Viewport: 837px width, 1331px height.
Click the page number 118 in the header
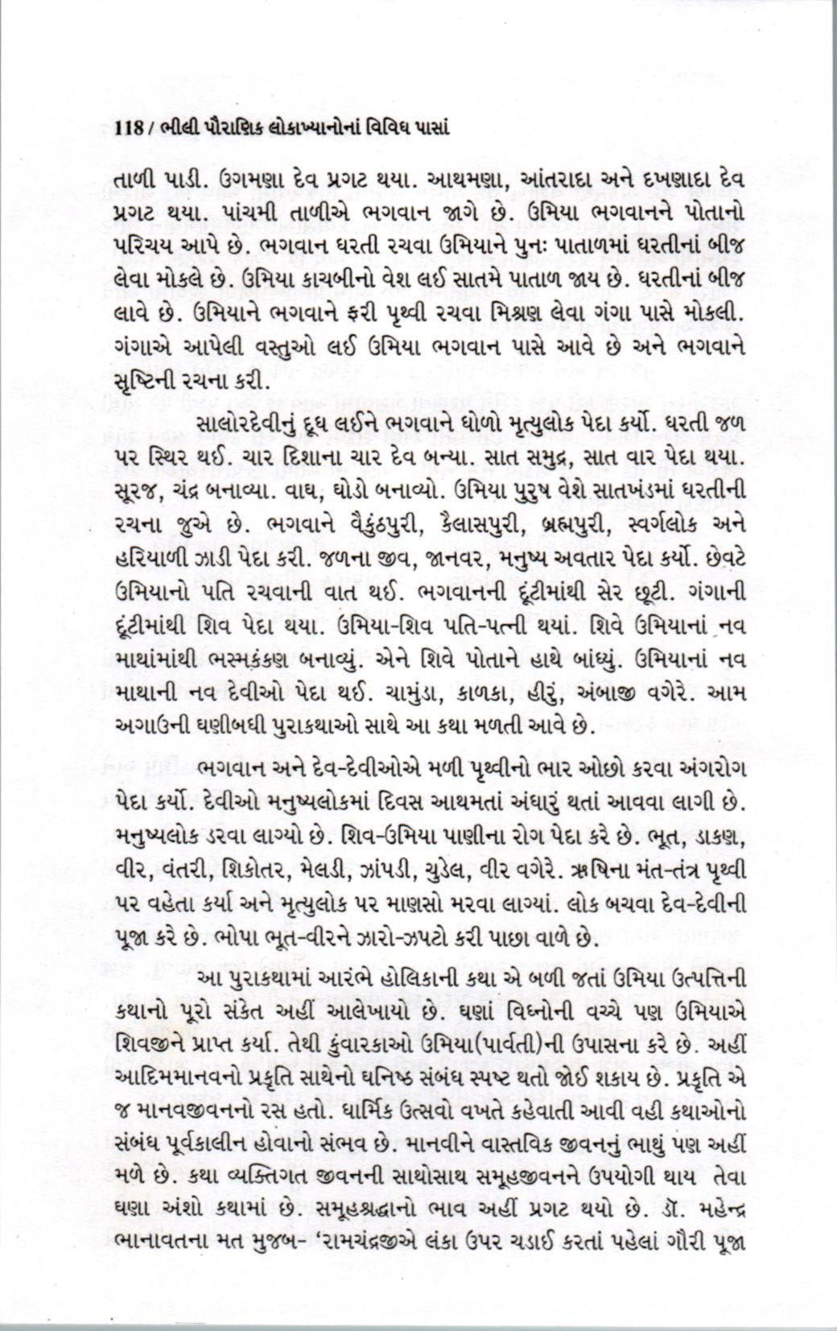point(129,126)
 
